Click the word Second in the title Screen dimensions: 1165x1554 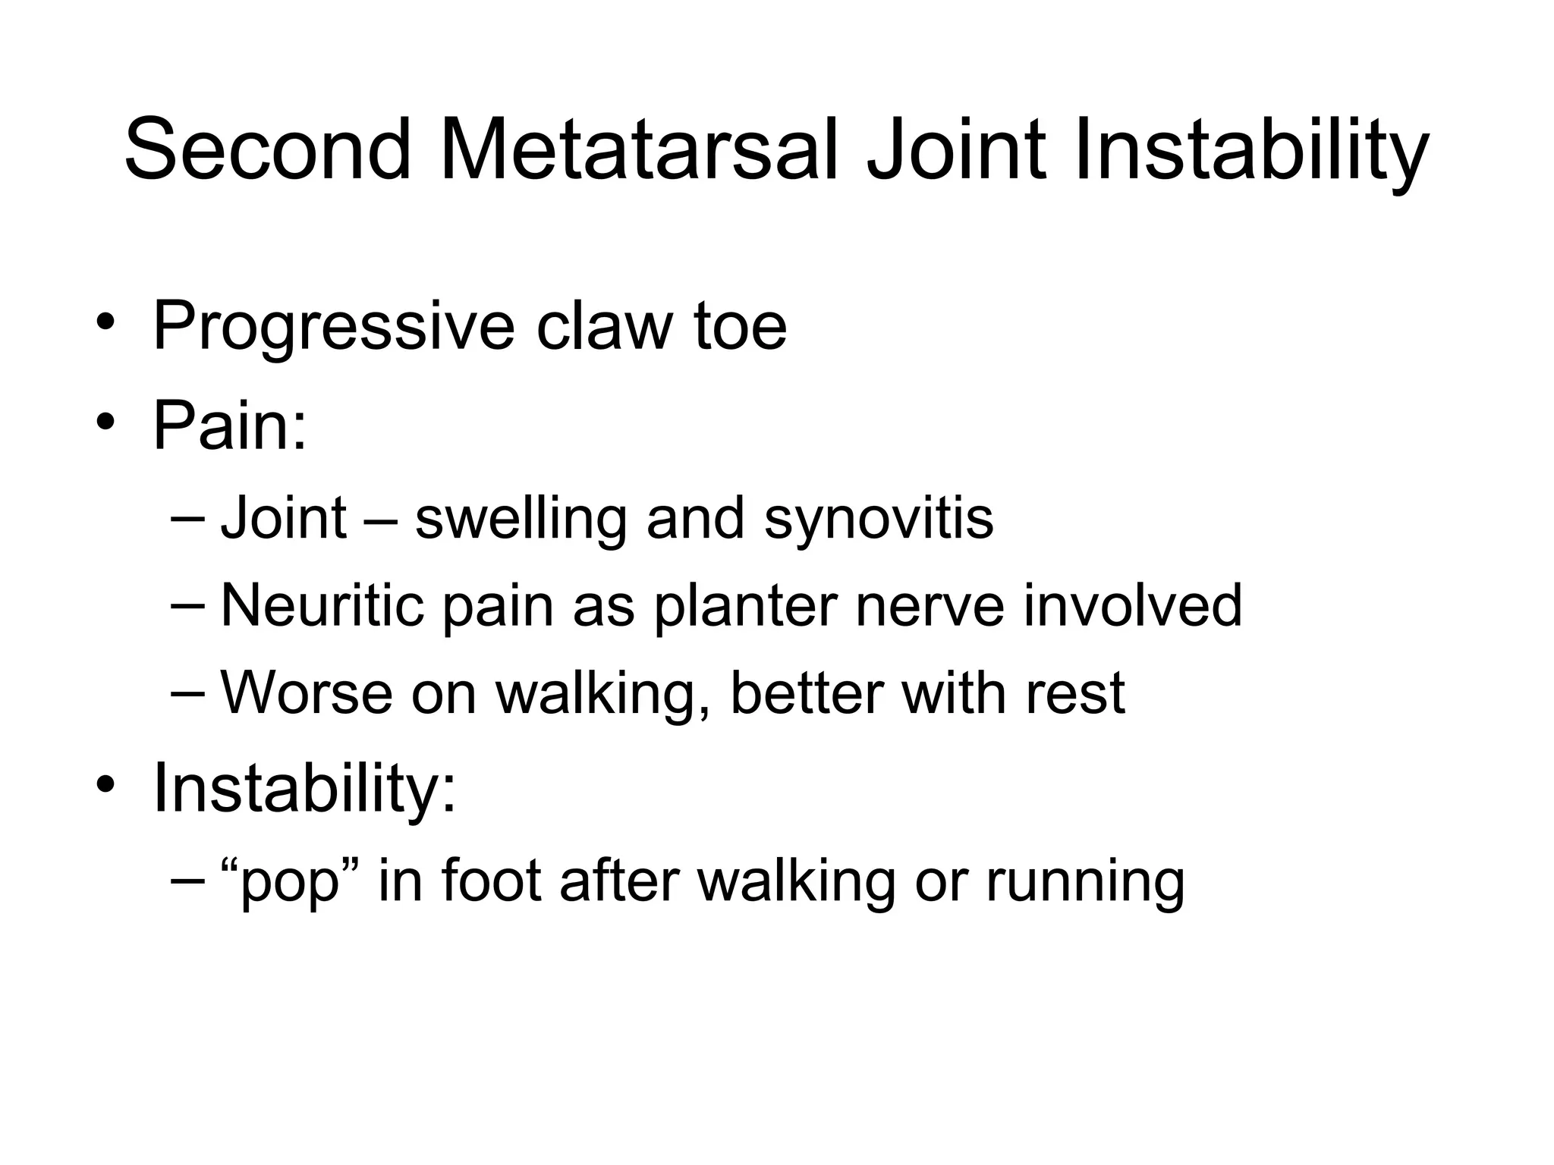point(267,149)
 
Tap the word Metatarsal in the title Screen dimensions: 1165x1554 point(639,149)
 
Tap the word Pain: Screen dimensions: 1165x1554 point(230,425)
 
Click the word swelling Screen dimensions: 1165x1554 point(521,521)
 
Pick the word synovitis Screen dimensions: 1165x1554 point(878,520)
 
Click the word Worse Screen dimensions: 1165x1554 point(307,693)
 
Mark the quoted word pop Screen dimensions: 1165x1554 point(288,883)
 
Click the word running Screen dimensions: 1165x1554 point(1084,883)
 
